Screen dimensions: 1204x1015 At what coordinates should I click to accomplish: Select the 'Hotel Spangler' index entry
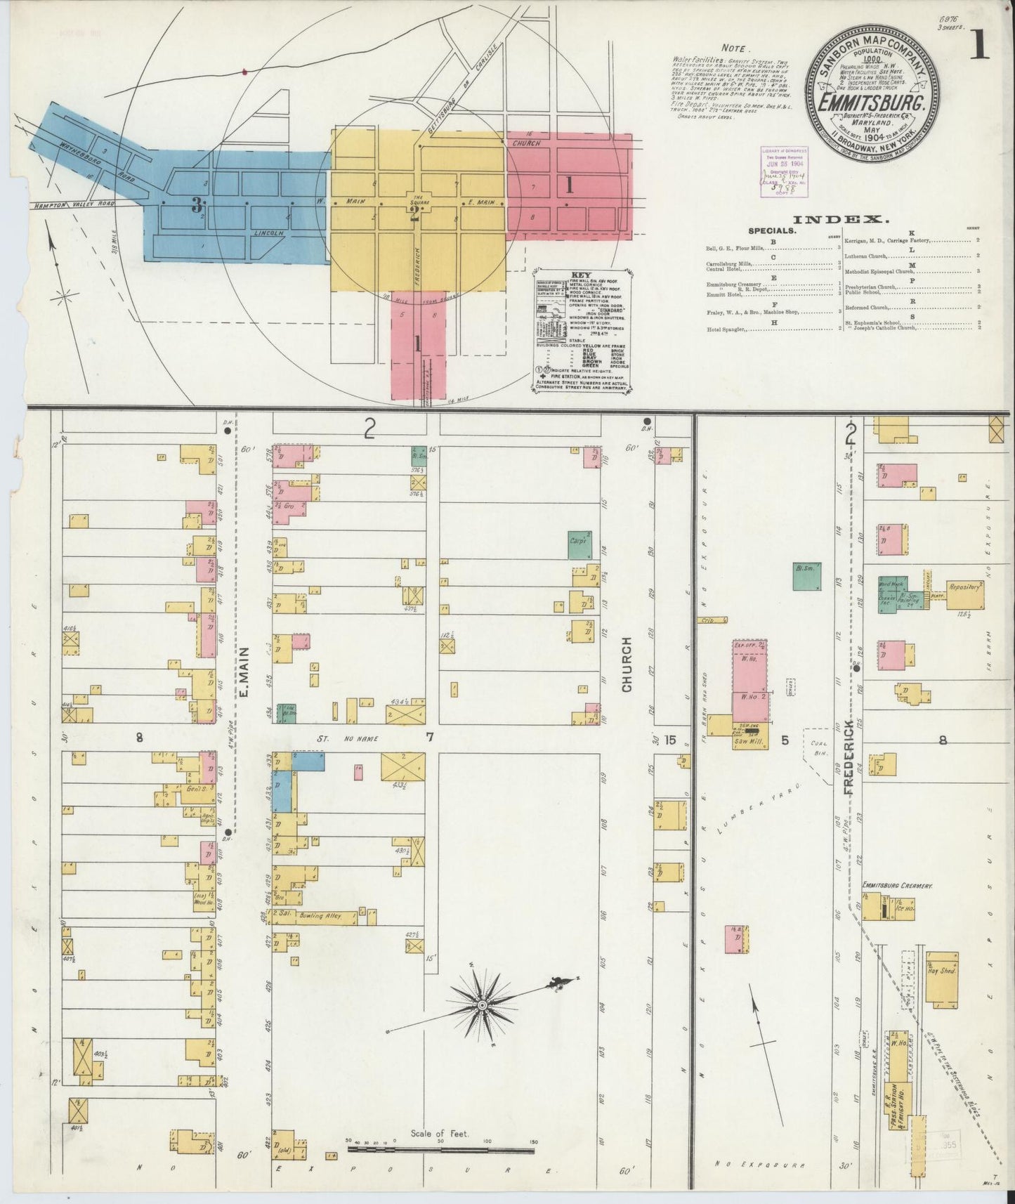726,328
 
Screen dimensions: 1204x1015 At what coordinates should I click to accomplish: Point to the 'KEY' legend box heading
582,275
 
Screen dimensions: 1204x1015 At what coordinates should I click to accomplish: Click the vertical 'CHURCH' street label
627,664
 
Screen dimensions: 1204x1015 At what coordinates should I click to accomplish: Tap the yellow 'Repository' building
964,594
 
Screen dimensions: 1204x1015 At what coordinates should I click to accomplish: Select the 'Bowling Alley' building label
322,915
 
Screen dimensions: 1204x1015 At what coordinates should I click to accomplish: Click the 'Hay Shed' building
941,979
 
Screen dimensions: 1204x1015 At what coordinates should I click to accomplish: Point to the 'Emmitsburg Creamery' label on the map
898,886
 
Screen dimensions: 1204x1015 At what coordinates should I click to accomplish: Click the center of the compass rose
483,1006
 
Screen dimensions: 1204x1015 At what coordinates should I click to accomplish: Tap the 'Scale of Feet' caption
440,1133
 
